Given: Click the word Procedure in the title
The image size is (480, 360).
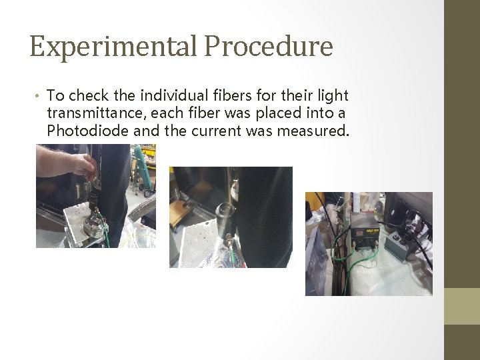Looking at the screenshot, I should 269,47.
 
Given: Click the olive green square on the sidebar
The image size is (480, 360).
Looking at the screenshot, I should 461,306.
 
